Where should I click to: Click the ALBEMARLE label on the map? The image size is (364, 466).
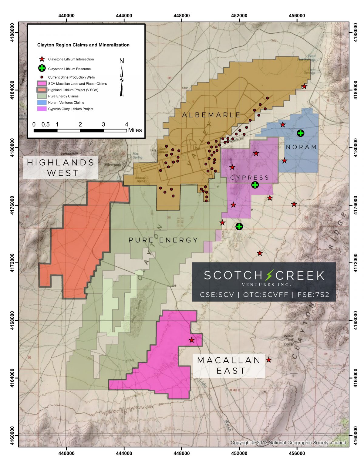tap(211, 115)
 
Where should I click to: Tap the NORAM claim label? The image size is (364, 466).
tap(301, 147)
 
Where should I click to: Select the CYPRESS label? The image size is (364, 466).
tap(249, 178)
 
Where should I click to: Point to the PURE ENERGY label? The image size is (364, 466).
tap(163, 240)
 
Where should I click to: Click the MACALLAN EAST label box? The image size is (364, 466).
tap(229, 366)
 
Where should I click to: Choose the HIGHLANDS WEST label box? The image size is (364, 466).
tap(61, 168)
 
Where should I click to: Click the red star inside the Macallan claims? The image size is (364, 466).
tap(191, 340)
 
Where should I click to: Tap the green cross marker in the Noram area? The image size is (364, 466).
tap(300, 133)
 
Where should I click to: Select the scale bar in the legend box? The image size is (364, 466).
tap(80, 130)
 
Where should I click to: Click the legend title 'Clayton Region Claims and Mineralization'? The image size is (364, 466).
tap(83, 45)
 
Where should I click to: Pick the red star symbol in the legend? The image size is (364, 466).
tap(42, 59)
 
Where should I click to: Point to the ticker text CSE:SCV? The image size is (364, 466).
tap(217, 295)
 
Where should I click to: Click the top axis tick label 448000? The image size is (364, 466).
tap(181, 15)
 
